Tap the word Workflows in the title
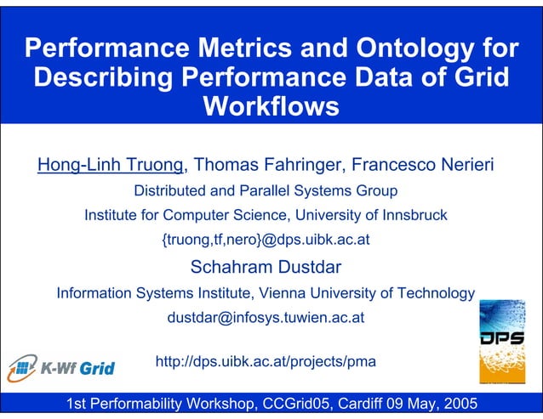[x=272, y=108]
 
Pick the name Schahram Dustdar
[x=266, y=268]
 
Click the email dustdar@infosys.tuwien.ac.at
[x=266, y=319]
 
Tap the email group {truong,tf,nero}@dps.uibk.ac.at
[x=266, y=240]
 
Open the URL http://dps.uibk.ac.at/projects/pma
[x=266, y=361]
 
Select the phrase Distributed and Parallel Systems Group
[x=266, y=190]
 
